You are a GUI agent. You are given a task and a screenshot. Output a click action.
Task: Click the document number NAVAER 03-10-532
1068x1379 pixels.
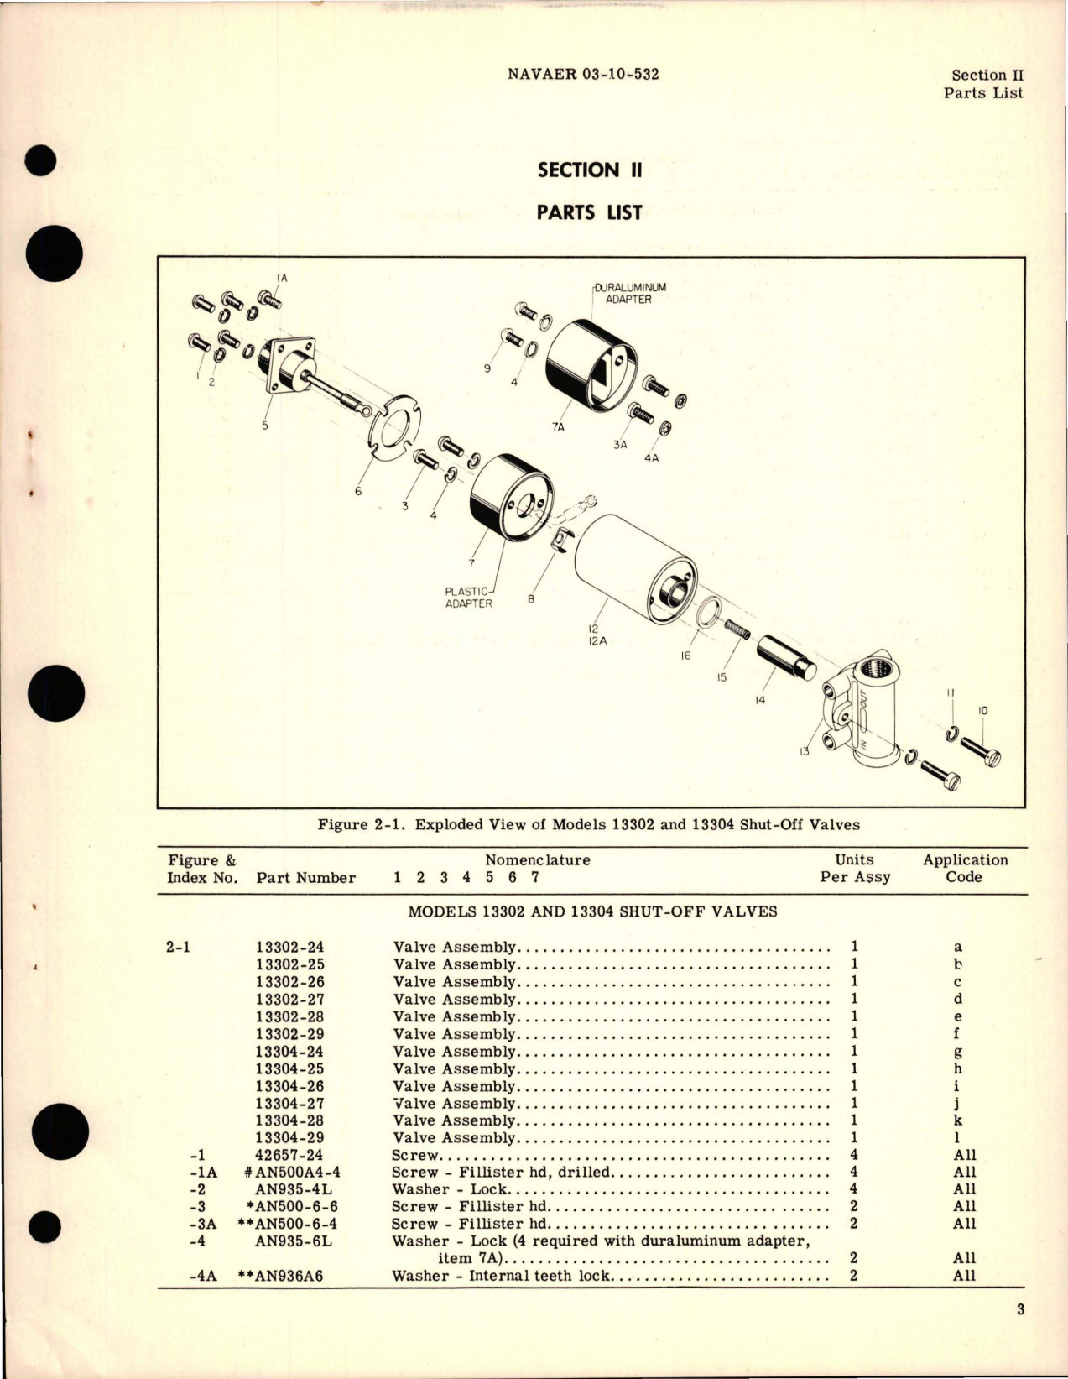point(583,73)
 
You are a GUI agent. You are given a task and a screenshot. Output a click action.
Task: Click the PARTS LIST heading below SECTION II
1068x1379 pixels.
point(589,212)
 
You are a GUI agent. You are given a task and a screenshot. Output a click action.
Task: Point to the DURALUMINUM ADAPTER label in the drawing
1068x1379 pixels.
point(628,293)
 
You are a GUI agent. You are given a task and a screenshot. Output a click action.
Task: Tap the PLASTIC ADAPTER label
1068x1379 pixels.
point(468,597)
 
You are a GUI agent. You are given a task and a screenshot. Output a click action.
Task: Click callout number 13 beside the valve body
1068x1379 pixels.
point(804,751)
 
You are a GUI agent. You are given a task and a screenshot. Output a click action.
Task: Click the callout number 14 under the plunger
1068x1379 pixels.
point(760,699)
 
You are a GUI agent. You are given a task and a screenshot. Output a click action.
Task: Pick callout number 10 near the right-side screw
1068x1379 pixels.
point(983,711)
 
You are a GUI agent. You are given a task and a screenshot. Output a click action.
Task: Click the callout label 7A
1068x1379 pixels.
point(559,427)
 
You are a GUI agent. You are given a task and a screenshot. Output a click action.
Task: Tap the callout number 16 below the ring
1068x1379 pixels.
point(685,655)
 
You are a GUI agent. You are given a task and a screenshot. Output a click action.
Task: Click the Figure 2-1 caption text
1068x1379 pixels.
point(588,824)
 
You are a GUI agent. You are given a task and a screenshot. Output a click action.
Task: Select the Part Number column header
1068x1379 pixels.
point(305,877)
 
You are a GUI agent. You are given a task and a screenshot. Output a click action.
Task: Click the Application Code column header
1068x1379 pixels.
point(965,868)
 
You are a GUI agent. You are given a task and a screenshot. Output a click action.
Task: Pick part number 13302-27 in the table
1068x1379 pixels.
point(289,999)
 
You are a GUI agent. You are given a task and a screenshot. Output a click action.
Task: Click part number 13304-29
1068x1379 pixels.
point(289,1137)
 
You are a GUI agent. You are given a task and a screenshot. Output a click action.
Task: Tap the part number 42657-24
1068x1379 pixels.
point(289,1155)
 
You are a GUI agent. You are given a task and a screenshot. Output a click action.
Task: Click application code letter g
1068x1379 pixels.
point(958,1052)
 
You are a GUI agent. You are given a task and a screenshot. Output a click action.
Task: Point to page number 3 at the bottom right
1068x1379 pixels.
point(1020,1309)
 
